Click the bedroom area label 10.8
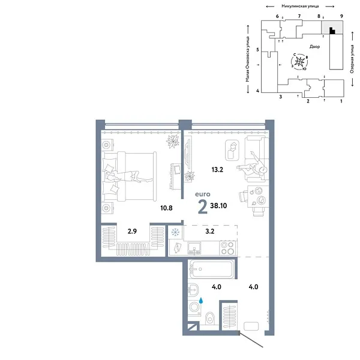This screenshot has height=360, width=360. [x=166, y=208]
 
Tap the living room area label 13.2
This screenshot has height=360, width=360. [x=217, y=170]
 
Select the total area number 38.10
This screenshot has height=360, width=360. [x=218, y=205]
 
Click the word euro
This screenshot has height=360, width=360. [x=203, y=194]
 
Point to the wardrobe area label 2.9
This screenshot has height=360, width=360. [x=132, y=231]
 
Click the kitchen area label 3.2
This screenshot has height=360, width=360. [x=210, y=231]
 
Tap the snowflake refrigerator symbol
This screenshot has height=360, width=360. [x=175, y=232]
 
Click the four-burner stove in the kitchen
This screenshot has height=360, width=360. [x=227, y=248]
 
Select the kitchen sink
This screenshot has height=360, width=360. [x=194, y=248]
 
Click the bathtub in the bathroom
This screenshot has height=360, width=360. [x=211, y=269]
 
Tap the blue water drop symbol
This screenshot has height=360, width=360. [x=201, y=301]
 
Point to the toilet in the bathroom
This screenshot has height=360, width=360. [x=209, y=318]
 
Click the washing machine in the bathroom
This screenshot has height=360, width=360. [x=194, y=307]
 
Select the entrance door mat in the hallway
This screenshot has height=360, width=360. [x=251, y=326]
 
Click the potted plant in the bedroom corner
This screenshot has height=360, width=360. [x=173, y=141]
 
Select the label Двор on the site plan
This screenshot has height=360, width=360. [x=314, y=47]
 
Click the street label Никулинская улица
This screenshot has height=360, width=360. [x=300, y=6]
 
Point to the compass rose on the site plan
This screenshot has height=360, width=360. [x=299, y=62]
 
